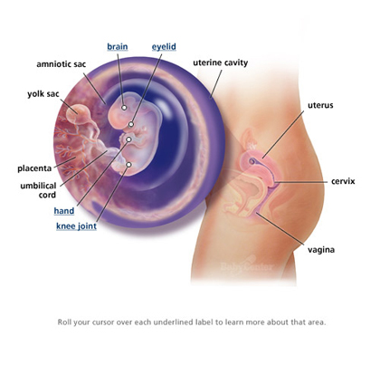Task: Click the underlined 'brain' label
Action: pyautogui.click(x=118, y=47)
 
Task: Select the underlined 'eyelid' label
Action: pyautogui.click(x=164, y=47)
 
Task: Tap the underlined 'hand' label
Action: pyautogui.click(x=64, y=211)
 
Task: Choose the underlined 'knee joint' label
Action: pyautogui.click(x=76, y=226)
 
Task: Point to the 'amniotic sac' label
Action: pyautogui.click(x=62, y=64)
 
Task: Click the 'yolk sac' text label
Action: pyautogui.click(x=43, y=94)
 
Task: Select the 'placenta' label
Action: pyautogui.click(x=34, y=168)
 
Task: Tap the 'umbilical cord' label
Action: pyautogui.click(x=38, y=190)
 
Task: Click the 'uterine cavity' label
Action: pyautogui.click(x=221, y=62)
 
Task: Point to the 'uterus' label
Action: pyautogui.click(x=320, y=105)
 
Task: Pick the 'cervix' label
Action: pyautogui.click(x=343, y=181)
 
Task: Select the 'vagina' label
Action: pyautogui.click(x=321, y=250)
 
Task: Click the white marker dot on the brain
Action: pyautogui.click(x=124, y=107)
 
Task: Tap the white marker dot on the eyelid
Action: pyautogui.click(x=131, y=124)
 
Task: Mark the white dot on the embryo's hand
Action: pyautogui.click(x=128, y=139)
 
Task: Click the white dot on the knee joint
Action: pyautogui.click(x=128, y=165)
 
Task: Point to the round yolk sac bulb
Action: pyautogui.click(x=78, y=114)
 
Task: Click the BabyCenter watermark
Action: pyautogui.click(x=247, y=265)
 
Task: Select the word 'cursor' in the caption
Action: pyautogui.click(x=103, y=322)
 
